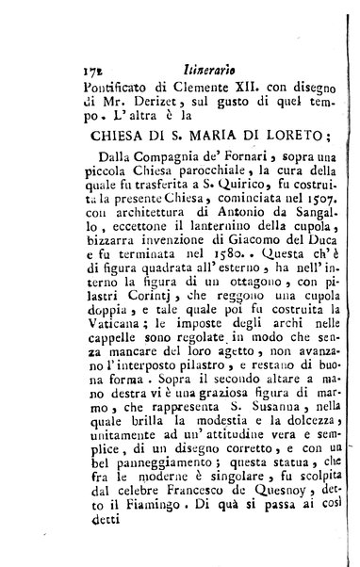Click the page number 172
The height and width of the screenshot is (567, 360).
click(92, 69)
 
